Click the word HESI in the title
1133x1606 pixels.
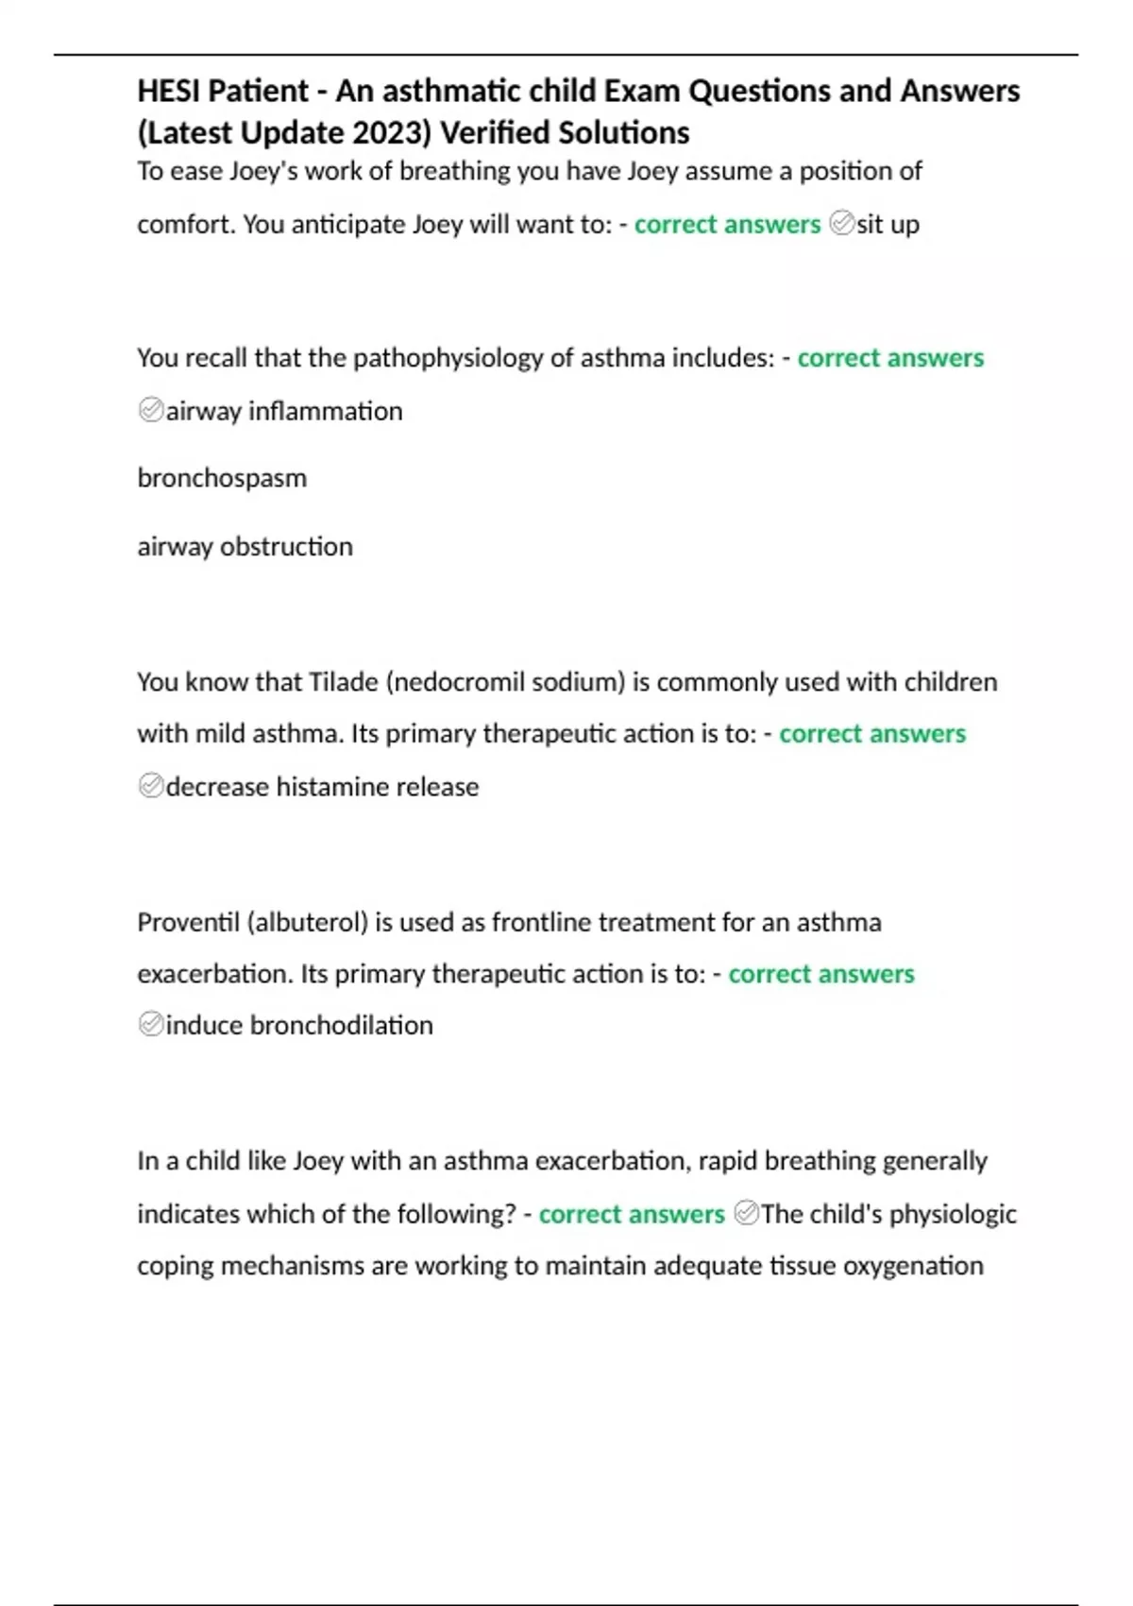pos(169,92)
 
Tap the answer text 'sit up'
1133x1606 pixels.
pos(888,225)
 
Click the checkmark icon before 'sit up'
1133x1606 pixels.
pos(841,223)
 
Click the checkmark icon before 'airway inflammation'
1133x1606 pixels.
pos(151,410)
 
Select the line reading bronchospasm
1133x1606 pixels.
pos(222,478)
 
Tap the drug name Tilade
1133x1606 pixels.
pos(344,682)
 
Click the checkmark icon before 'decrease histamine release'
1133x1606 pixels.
pos(151,786)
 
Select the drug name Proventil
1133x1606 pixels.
pos(188,922)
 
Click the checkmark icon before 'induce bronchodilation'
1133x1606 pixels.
pos(151,1024)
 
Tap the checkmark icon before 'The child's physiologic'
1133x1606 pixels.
pos(746,1213)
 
